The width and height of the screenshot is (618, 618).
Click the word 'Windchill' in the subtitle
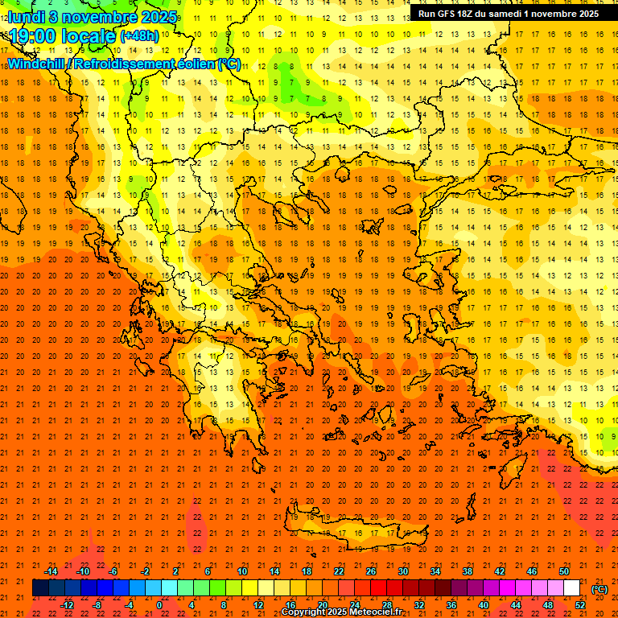click(37, 64)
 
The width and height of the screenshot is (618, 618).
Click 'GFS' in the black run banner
click(449, 14)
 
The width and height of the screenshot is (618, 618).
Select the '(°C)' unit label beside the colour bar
click(599, 589)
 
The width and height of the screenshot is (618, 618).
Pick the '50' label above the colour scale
click(563, 571)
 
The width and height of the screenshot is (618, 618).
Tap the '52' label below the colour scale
click(580, 605)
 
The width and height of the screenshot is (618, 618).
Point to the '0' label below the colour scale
click(160, 605)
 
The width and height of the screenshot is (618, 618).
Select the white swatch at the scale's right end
click(571, 588)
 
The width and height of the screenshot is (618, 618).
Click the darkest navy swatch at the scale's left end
click(40, 588)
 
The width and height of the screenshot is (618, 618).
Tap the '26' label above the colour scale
click(371, 571)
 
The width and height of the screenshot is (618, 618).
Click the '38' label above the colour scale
click(467, 571)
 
